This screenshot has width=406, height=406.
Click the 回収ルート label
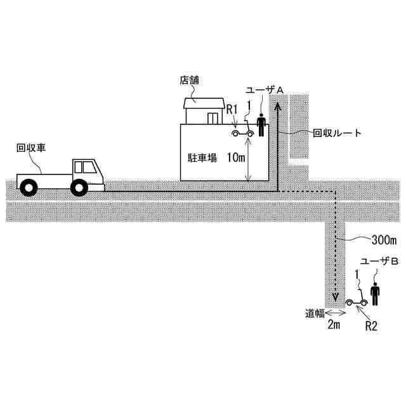point(337,133)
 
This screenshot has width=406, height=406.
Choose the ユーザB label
point(379,262)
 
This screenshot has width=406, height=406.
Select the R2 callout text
point(372,326)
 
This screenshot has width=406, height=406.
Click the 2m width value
point(334,326)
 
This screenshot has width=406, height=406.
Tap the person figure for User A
point(261,124)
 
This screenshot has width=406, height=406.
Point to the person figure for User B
point(376,293)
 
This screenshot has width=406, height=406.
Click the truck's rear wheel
point(29,187)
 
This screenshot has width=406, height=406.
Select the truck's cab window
point(84,167)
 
